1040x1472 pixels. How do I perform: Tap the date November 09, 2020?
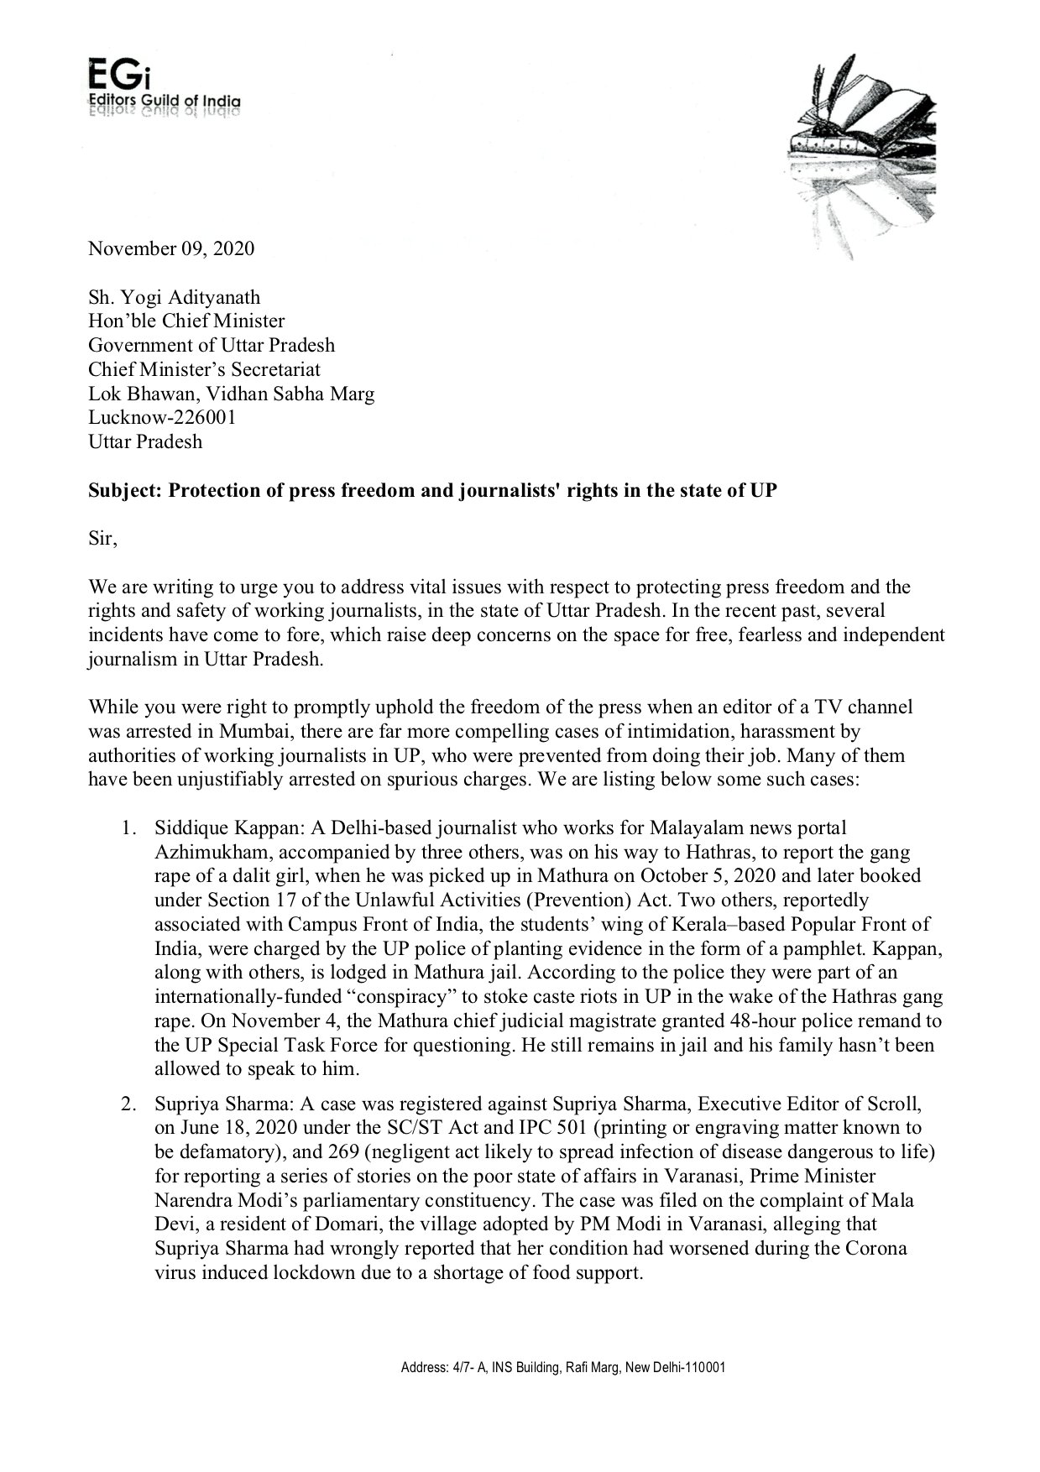[x=171, y=248]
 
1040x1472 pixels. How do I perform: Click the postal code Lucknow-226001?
[x=162, y=417]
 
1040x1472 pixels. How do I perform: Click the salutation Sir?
[x=102, y=539]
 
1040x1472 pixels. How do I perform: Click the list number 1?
[x=128, y=828]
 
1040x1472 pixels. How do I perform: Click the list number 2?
[x=128, y=1103]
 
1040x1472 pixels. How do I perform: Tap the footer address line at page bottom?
[x=562, y=1367]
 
